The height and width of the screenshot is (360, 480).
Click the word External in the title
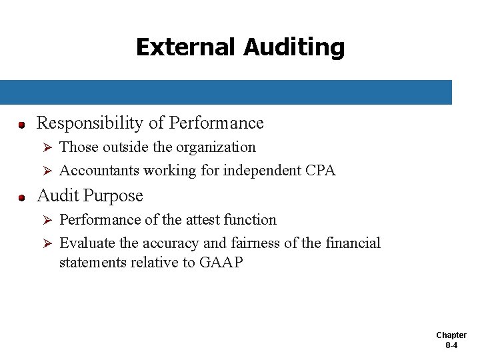click(186, 47)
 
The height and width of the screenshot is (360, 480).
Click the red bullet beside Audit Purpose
click(21, 198)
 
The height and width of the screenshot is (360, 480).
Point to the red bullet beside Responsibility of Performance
click(21, 125)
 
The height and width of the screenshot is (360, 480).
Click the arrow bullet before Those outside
click(47, 147)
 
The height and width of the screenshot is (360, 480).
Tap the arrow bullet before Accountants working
click(47, 171)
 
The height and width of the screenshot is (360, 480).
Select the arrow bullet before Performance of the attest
click(47, 220)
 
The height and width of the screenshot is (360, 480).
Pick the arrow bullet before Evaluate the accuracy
click(47, 243)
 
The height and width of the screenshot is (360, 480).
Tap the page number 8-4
click(451, 346)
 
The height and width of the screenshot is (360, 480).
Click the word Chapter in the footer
click(451, 335)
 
